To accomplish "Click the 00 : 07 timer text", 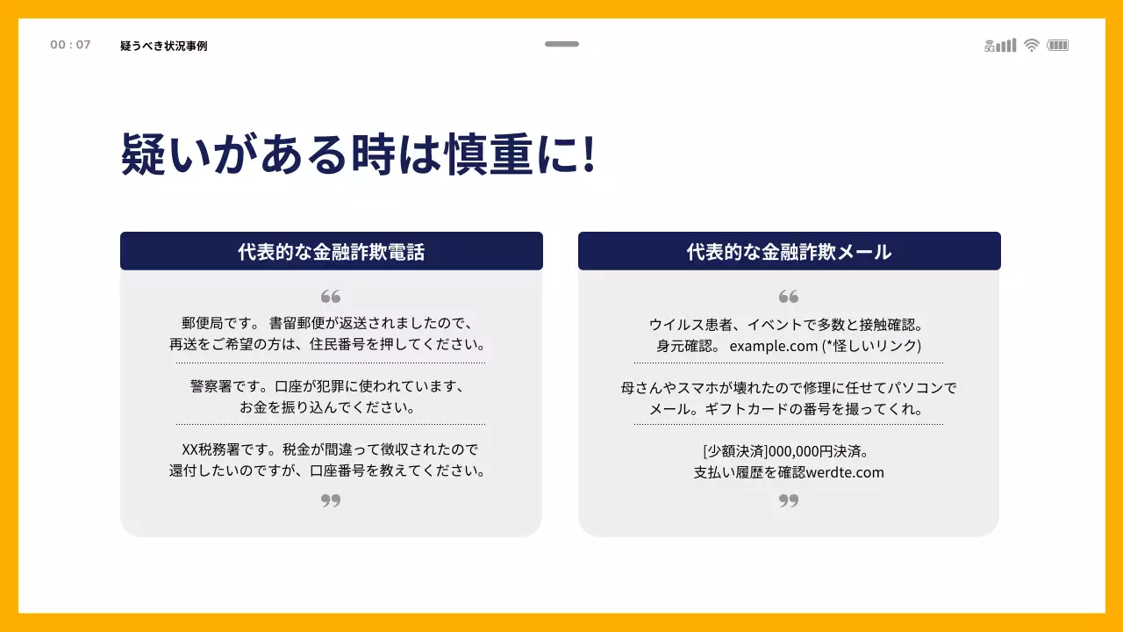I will point(70,45).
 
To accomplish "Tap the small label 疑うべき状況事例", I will point(164,46).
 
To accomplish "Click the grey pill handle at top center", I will point(561,44).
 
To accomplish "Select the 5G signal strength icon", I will point(1000,46).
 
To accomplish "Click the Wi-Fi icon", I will point(1032,46).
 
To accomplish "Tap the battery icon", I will point(1058,46).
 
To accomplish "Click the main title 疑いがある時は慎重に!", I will point(358,155).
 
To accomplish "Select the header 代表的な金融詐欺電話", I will point(331,252).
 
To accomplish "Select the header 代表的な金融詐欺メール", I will point(789,252).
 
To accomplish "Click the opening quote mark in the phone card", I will point(331,297).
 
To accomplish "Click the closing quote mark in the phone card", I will point(331,500).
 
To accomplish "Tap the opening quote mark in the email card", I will point(789,297).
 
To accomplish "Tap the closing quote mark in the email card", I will point(789,500).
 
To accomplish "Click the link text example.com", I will point(773,346).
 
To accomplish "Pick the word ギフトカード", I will point(756,409).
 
